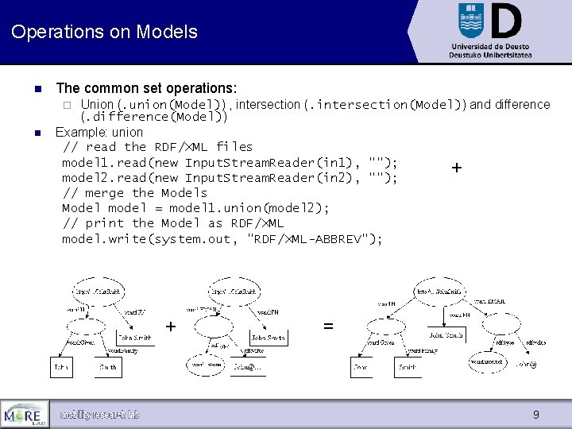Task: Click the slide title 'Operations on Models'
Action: pyautogui.click(x=104, y=33)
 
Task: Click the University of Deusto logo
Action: pyautogui.click(x=489, y=31)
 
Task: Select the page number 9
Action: pyautogui.click(x=535, y=415)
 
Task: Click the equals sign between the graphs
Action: pyautogui.click(x=328, y=327)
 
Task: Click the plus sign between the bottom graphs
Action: pyautogui.click(x=171, y=327)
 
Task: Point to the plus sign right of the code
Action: pyautogui.click(x=457, y=168)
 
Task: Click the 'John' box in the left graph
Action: pyautogui.click(x=61, y=368)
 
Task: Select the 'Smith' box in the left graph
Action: pyautogui.click(x=108, y=368)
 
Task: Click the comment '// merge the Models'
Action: pyautogui.click(x=134, y=193)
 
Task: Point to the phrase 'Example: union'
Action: pyautogui.click(x=99, y=132)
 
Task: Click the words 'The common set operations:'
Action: pyautogui.click(x=147, y=88)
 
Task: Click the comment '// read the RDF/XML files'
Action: pyautogui.click(x=157, y=147)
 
